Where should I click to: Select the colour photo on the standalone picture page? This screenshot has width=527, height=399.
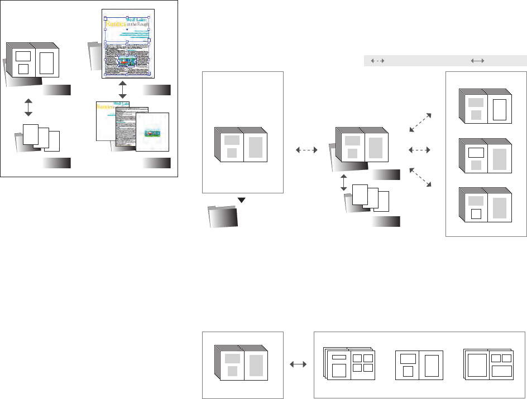click(152, 133)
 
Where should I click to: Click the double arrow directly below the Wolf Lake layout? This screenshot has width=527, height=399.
click(123, 89)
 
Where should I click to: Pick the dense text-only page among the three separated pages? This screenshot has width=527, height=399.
click(132, 128)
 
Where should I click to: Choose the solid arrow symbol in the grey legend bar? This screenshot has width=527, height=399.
click(477, 61)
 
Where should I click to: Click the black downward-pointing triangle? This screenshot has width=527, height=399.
click(242, 200)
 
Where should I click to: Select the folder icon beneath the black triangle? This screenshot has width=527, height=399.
click(222, 216)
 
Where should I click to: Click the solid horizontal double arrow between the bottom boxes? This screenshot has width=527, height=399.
click(299, 364)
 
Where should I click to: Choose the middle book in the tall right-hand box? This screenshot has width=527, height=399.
click(484, 155)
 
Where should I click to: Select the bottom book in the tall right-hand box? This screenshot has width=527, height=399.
click(484, 205)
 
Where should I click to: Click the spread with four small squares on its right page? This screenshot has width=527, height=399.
click(350, 365)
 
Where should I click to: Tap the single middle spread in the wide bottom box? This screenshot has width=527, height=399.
click(419, 365)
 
